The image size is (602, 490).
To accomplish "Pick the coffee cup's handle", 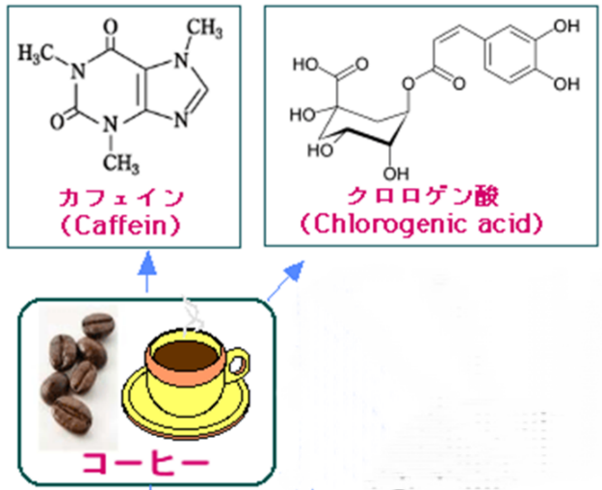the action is coord(237,366).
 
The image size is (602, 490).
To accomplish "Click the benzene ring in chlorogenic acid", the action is coord(510,60).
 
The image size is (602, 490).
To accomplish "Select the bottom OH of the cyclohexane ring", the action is coord(395,174).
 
